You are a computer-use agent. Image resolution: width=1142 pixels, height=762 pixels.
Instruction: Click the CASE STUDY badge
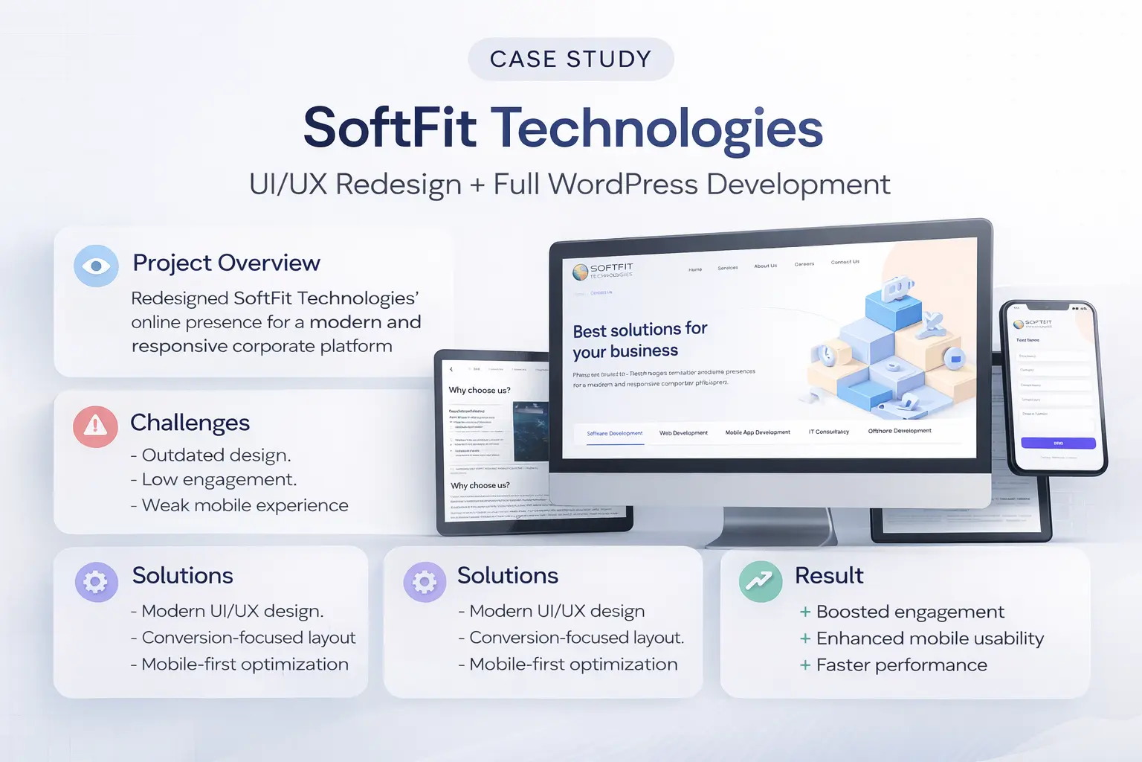click(570, 59)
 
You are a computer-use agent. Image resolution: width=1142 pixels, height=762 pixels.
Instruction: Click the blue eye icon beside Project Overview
click(96, 266)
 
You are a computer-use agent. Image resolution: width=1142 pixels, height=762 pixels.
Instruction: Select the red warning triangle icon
click(95, 426)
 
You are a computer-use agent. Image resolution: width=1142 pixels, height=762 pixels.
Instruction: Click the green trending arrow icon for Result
click(760, 580)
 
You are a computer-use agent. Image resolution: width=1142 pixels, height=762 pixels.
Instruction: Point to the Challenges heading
click(190, 423)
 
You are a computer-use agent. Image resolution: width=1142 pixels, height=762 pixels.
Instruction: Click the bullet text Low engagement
click(219, 480)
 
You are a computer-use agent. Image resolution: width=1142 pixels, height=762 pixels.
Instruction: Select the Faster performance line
click(901, 665)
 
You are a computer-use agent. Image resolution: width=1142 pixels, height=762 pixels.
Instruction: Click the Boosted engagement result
click(910, 612)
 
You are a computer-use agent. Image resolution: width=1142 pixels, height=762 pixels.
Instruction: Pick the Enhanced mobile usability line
click(929, 638)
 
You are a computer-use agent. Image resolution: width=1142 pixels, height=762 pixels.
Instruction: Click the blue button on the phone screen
click(1058, 443)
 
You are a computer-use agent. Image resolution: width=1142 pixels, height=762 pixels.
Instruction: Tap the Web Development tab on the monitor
click(683, 432)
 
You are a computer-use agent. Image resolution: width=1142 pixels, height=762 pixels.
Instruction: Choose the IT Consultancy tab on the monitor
click(828, 432)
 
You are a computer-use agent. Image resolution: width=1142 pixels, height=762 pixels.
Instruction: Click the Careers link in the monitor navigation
click(804, 264)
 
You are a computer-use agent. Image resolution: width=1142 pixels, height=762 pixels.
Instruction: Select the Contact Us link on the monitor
click(845, 262)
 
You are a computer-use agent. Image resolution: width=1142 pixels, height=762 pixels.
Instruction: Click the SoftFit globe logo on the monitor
click(581, 272)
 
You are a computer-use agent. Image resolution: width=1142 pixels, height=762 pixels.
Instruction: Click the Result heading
click(828, 575)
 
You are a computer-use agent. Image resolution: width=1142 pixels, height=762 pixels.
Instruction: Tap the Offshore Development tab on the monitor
click(899, 431)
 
